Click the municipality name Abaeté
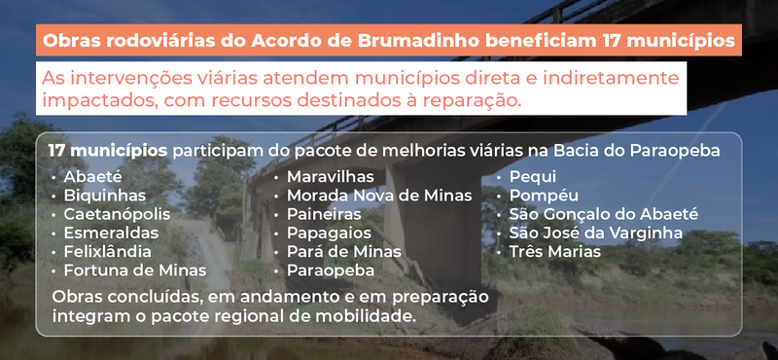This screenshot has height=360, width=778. [92, 177]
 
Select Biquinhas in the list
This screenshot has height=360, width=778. [104, 196]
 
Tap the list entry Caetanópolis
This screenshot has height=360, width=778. [117, 214]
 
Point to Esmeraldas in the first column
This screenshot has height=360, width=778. [111, 233]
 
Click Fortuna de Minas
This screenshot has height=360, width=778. [134, 270]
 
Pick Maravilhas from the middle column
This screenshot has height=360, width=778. [331, 177]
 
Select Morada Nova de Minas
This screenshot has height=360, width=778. [378, 196]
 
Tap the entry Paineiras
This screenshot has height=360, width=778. [325, 214]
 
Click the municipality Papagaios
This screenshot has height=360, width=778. [329, 233]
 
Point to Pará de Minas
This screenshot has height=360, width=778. [343, 251]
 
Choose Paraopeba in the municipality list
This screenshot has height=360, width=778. [332, 270]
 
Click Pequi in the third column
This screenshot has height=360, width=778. [533, 177]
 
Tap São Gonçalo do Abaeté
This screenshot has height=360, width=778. [604, 214]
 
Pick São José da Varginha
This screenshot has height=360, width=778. [596, 233]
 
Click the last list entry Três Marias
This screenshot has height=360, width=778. [554, 251]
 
